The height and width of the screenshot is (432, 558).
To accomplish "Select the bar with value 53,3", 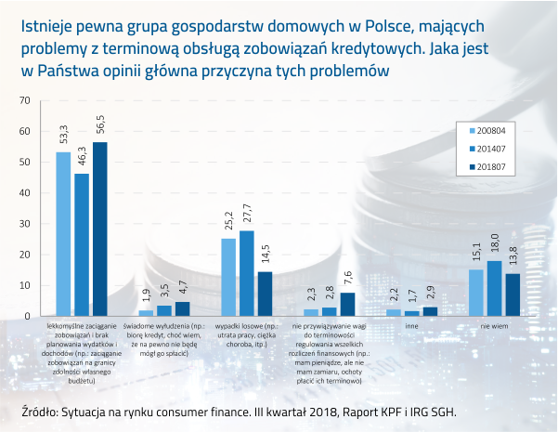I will [63, 233].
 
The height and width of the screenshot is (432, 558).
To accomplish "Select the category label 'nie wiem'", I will [493, 327].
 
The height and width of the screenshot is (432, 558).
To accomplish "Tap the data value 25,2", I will [228, 223].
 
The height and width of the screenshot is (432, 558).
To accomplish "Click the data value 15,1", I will [476, 254].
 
